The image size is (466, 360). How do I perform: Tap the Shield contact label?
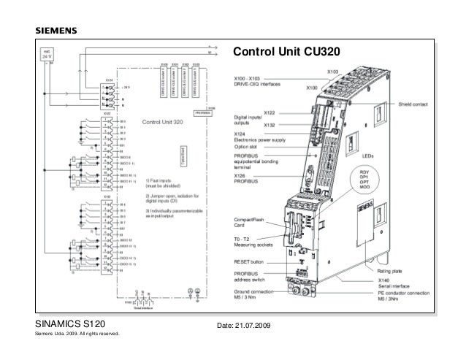413,104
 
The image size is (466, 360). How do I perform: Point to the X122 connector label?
270,114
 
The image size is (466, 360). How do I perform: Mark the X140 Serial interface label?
396,283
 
